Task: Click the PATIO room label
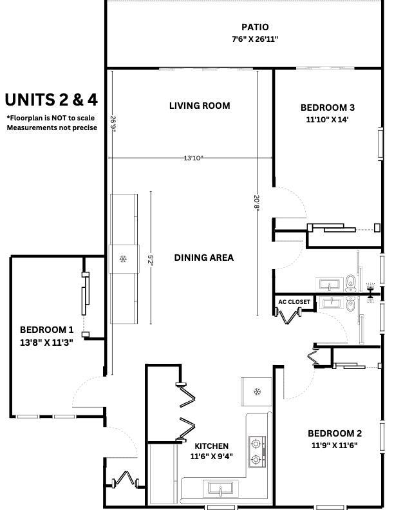255,27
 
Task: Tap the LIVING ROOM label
200,106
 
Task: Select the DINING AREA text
204,258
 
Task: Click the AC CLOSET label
294,302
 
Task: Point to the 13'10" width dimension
193,158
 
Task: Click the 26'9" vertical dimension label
113,124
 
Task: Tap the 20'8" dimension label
257,203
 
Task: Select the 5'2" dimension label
150,260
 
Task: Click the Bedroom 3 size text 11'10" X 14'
327,119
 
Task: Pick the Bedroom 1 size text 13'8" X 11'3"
46,343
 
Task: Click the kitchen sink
221,488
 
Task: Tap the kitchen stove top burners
257,452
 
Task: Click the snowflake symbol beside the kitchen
257,392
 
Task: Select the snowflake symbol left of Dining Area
123,259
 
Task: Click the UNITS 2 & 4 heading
52,100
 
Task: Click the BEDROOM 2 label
335,433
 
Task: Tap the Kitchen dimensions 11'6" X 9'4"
211,457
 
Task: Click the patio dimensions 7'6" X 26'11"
255,39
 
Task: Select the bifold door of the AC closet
288,316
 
